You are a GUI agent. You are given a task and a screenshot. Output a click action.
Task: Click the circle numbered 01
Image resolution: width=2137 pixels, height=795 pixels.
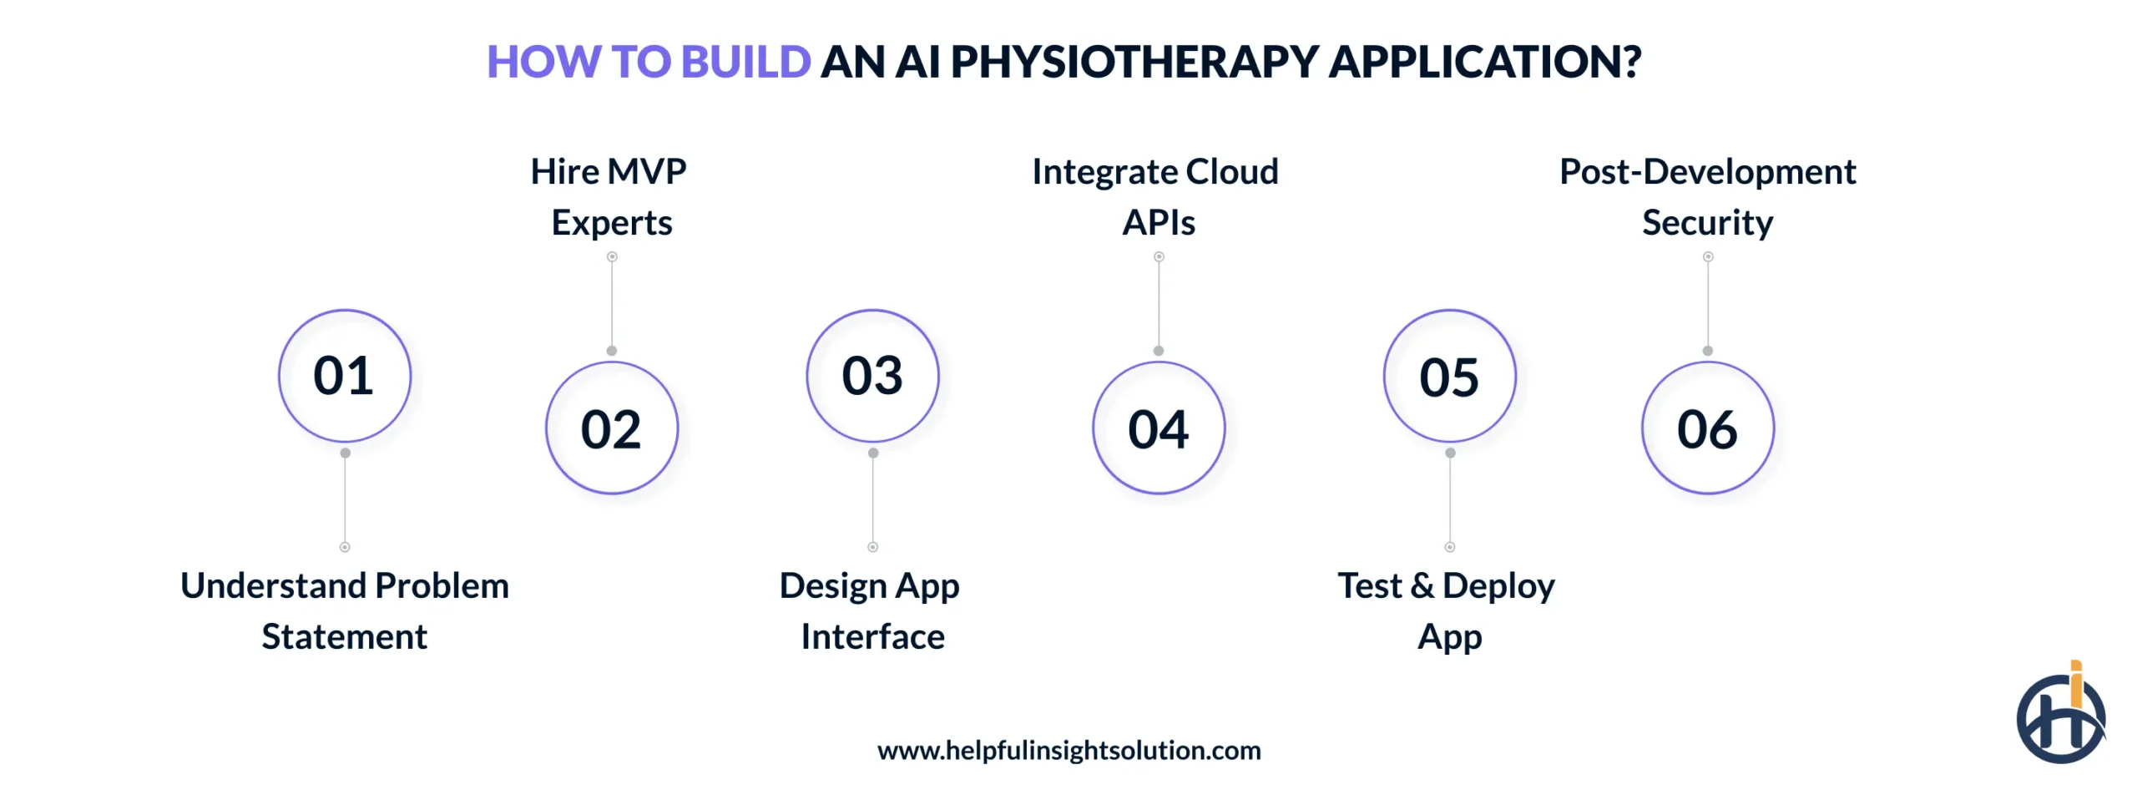[x=344, y=376]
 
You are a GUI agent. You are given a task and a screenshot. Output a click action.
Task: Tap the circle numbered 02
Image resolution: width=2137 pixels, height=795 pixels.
[x=611, y=428]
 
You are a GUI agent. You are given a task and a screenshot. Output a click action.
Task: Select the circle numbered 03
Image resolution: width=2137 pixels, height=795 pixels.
[x=872, y=376]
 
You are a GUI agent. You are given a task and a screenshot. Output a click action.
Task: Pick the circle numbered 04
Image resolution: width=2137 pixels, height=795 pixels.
[x=1158, y=428]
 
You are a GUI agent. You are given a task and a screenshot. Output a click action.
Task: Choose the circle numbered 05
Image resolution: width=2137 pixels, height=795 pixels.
[x=1449, y=376]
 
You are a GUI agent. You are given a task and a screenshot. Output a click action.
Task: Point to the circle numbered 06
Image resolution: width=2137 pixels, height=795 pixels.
[x=1707, y=428]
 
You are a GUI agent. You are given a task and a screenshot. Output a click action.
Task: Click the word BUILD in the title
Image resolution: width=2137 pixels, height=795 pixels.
[x=745, y=62]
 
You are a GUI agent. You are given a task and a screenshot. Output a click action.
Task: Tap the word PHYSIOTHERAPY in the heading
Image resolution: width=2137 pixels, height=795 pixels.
[x=1134, y=62]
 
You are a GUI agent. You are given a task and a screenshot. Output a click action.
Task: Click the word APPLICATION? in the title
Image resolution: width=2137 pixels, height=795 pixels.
[x=1484, y=62]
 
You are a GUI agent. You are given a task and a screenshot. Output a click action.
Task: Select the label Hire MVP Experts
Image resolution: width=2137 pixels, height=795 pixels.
[x=609, y=197]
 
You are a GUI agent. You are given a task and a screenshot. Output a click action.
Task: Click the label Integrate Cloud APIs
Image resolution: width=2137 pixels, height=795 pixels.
[x=1156, y=197]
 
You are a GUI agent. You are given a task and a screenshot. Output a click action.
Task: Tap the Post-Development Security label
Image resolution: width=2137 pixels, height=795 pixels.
[x=1707, y=197]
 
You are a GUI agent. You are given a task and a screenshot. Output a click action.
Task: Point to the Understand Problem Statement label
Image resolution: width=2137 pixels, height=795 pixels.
[x=344, y=610]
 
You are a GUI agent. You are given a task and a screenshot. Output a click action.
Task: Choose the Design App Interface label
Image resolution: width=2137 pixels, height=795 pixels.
[x=871, y=610]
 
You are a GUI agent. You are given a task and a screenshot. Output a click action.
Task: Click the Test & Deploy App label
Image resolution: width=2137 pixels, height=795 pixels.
[x=1447, y=610]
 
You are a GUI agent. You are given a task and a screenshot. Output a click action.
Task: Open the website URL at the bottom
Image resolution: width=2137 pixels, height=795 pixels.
[x=1068, y=750]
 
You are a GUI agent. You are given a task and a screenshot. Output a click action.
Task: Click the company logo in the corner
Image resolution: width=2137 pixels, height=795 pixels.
[x=2058, y=718]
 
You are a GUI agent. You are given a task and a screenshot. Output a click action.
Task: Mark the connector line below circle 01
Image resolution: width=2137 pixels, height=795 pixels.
[x=345, y=499]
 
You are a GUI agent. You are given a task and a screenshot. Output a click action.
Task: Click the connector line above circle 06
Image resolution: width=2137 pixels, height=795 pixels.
[x=1708, y=304]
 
